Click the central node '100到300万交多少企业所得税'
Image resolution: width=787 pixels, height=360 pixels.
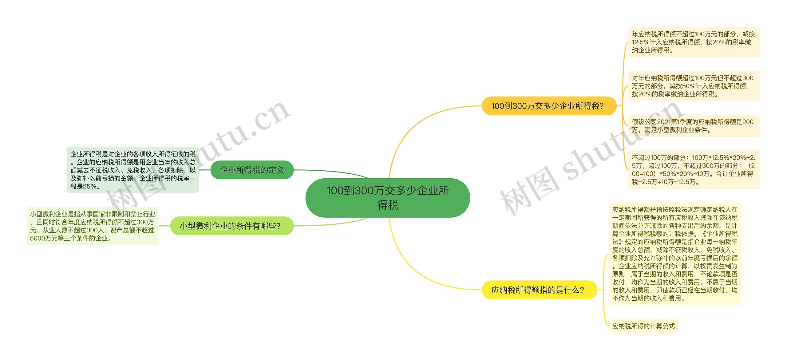(x=387, y=198)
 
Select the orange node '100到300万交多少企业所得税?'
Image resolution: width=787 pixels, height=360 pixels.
(x=549, y=106)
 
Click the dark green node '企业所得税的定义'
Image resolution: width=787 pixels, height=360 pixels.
(x=252, y=170)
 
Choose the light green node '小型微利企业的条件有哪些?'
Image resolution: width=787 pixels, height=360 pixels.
(x=232, y=226)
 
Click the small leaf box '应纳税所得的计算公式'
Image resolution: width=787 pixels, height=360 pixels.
(x=643, y=326)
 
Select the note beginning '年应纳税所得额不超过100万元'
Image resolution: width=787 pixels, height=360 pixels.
(x=694, y=42)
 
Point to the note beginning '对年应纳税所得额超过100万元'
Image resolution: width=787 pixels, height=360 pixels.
(x=694, y=86)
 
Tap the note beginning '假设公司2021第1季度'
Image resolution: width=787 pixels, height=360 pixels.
(x=694, y=126)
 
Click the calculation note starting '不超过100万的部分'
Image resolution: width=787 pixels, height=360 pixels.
(x=694, y=170)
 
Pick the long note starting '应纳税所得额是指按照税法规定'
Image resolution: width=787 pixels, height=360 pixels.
(x=674, y=254)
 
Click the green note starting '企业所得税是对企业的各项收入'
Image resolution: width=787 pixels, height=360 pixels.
(x=133, y=170)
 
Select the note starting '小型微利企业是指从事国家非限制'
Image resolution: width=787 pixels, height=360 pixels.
(x=93, y=226)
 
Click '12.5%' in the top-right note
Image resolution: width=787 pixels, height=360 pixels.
(x=640, y=42)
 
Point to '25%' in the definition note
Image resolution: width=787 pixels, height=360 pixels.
(x=89, y=186)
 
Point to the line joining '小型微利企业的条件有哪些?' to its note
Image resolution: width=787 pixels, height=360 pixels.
(x=164, y=226)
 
